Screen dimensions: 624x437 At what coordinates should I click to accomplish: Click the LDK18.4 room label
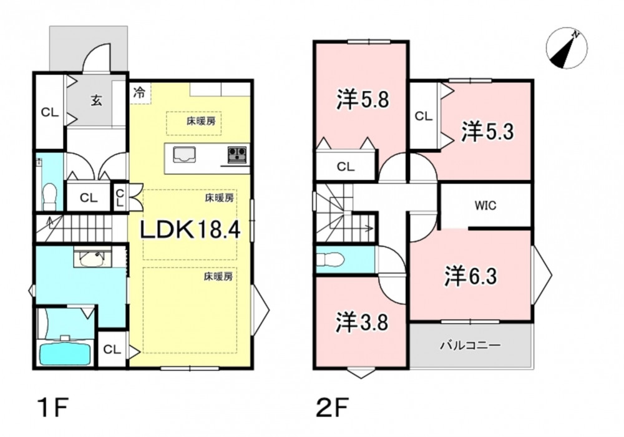click(190, 229)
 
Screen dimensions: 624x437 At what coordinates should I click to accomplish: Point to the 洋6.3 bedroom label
click(470, 276)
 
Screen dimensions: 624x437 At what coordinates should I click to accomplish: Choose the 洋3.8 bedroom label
click(362, 322)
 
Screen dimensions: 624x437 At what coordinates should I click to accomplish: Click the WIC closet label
click(485, 206)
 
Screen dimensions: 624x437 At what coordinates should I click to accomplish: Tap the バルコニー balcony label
click(470, 345)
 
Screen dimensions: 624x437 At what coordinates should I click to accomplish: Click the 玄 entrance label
click(96, 100)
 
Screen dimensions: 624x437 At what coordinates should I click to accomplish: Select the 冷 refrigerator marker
click(139, 93)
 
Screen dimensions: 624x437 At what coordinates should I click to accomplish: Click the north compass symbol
click(567, 48)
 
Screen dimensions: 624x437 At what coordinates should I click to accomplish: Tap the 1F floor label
click(52, 408)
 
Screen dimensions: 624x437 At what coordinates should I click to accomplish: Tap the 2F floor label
click(333, 408)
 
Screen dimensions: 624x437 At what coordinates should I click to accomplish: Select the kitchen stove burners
click(237, 154)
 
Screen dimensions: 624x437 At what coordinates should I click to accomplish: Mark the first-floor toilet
click(50, 196)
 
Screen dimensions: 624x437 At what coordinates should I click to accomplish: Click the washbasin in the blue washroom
click(94, 259)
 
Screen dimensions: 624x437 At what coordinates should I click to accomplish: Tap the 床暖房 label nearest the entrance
click(202, 120)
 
